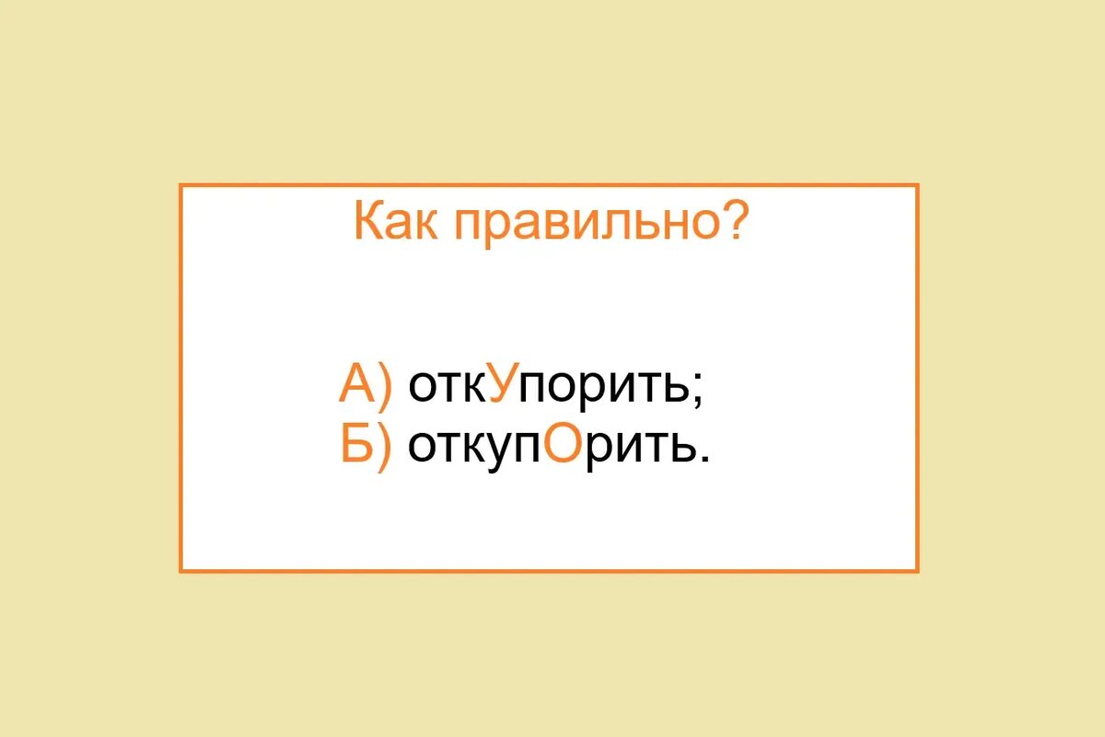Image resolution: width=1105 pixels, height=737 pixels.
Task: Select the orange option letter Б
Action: [x=356, y=446]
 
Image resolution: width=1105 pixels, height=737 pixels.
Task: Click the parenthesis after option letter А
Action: [x=385, y=385]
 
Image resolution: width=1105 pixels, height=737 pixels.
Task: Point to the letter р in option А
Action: [x=592, y=392]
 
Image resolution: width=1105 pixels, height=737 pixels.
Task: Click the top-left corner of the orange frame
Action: [x=181, y=186]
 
